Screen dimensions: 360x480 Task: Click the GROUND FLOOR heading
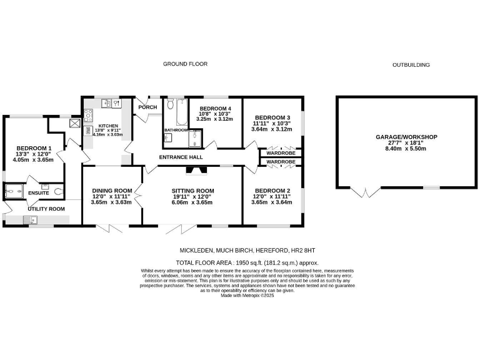click(x=185, y=64)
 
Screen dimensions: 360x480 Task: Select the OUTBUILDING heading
click(x=411, y=65)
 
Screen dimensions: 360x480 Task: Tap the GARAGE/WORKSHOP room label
click(x=406, y=137)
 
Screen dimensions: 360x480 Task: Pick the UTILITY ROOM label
click(x=46, y=208)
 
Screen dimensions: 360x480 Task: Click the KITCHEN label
click(x=108, y=125)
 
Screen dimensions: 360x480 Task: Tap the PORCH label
click(x=147, y=107)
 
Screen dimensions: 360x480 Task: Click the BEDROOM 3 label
click(x=272, y=117)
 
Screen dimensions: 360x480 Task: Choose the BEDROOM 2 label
click(x=271, y=191)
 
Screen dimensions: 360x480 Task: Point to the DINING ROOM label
click(x=112, y=191)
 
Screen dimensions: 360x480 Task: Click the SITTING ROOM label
click(x=193, y=191)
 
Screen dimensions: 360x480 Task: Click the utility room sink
click(x=30, y=219)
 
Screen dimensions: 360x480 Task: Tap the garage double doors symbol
click(x=362, y=192)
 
